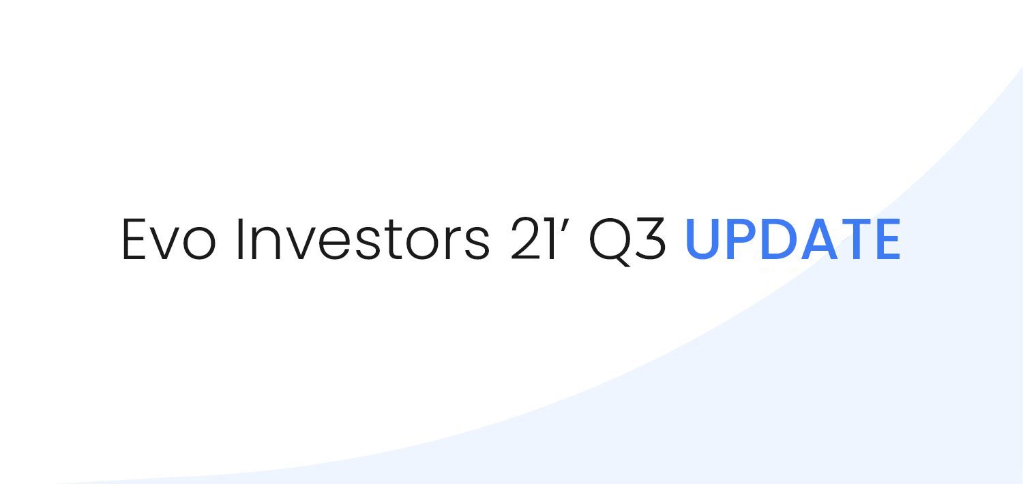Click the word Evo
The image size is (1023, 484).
click(x=168, y=239)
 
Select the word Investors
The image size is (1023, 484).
click(x=363, y=239)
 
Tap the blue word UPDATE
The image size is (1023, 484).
click(x=793, y=239)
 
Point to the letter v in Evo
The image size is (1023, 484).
click(x=164, y=245)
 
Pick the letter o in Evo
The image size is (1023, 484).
click(x=199, y=245)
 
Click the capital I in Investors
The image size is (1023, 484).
click(x=239, y=239)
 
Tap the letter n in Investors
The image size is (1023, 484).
click(x=266, y=244)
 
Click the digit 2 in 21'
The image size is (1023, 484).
click(x=525, y=239)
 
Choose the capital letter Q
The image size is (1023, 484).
click(x=610, y=241)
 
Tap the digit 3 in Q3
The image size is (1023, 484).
click(x=650, y=239)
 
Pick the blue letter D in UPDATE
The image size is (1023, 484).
click(x=780, y=239)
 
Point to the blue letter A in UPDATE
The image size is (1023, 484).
click(x=819, y=239)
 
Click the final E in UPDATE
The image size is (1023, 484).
click(x=888, y=239)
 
